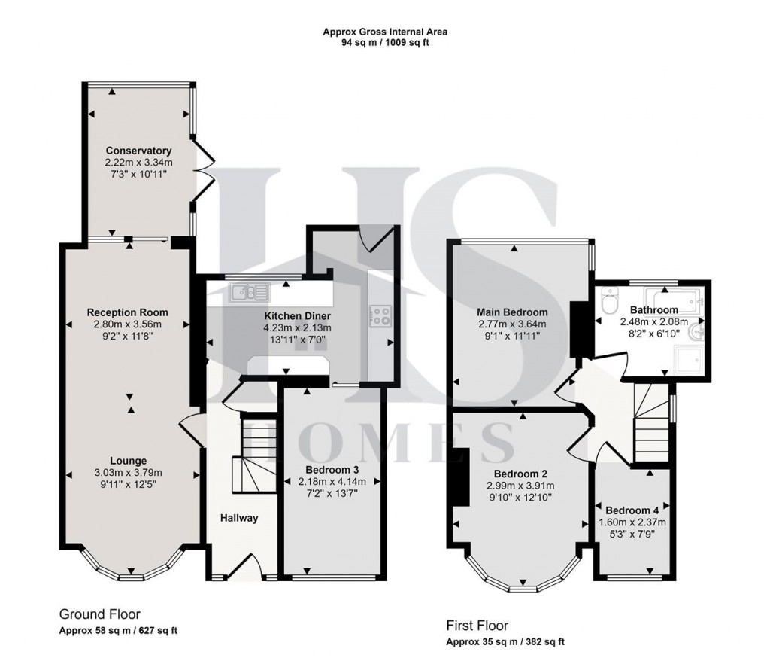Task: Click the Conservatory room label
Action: click(138, 150)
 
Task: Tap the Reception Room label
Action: click(127, 312)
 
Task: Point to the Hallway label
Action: click(239, 518)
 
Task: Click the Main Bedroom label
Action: click(512, 312)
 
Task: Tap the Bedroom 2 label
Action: click(520, 474)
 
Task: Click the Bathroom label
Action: click(653, 309)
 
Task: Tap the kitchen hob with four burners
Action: click(380, 315)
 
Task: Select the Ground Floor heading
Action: click(99, 614)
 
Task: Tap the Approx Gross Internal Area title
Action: click(385, 32)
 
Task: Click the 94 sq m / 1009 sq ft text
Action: click(385, 43)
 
